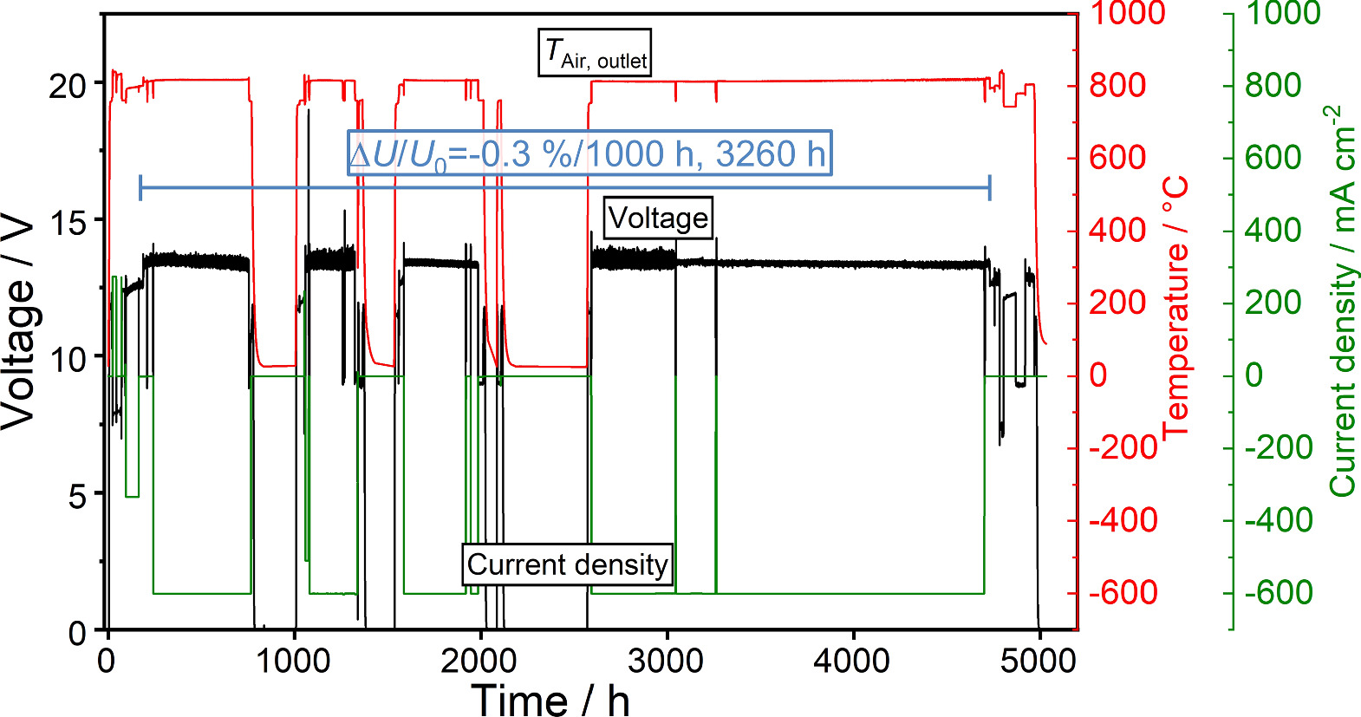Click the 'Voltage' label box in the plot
[658, 218]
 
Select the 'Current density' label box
[568, 564]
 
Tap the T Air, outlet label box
[595, 54]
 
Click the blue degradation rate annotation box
[589, 153]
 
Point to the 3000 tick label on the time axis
[665, 662]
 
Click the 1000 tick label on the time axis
[293, 662]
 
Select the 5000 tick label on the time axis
[1038, 662]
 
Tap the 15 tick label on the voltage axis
[68, 223]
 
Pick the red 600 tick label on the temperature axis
[1117, 158]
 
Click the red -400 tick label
[1123, 521]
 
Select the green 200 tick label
[1273, 303]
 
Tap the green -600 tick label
[1279, 593]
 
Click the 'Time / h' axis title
[550, 700]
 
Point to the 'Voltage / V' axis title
[19, 321]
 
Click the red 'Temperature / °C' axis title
[1176, 308]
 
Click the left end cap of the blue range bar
[140, 187]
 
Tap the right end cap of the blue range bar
[990, 187]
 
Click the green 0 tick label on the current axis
[1254, 375]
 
